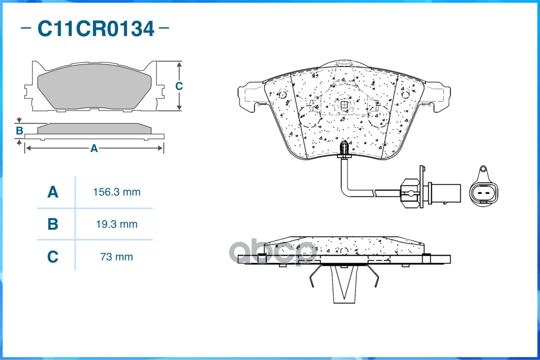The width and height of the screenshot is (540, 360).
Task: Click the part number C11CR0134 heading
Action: (x=96, y=28)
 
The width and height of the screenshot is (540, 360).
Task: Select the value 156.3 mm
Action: (x=117, y=192)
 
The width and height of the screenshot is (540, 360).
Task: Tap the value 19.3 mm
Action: (x=117, y=225)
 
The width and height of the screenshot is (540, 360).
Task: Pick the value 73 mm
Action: (x=117, y=257)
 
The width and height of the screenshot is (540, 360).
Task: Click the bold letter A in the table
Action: (x=53, y=192)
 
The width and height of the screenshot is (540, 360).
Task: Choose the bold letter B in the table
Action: (x=53, y=224)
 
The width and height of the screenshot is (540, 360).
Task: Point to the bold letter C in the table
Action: (x=53, y=257)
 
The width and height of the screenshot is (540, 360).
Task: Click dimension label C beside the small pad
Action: (x=179, y=86)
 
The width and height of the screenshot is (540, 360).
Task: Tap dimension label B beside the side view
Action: (x=20, y=131)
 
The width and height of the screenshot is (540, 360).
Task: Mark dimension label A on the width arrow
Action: (x=94, y=148)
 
